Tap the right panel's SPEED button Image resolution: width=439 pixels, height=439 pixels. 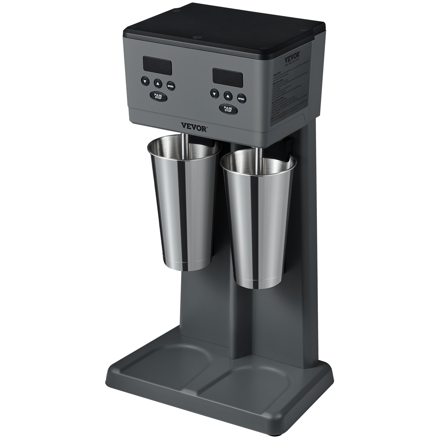[x=241, y=99]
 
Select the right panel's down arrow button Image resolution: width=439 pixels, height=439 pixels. [x=214, y=94]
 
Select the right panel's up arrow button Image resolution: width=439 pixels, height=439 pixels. [x=227, y=96]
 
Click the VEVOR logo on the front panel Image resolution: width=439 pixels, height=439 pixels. [x=193, y=128]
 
